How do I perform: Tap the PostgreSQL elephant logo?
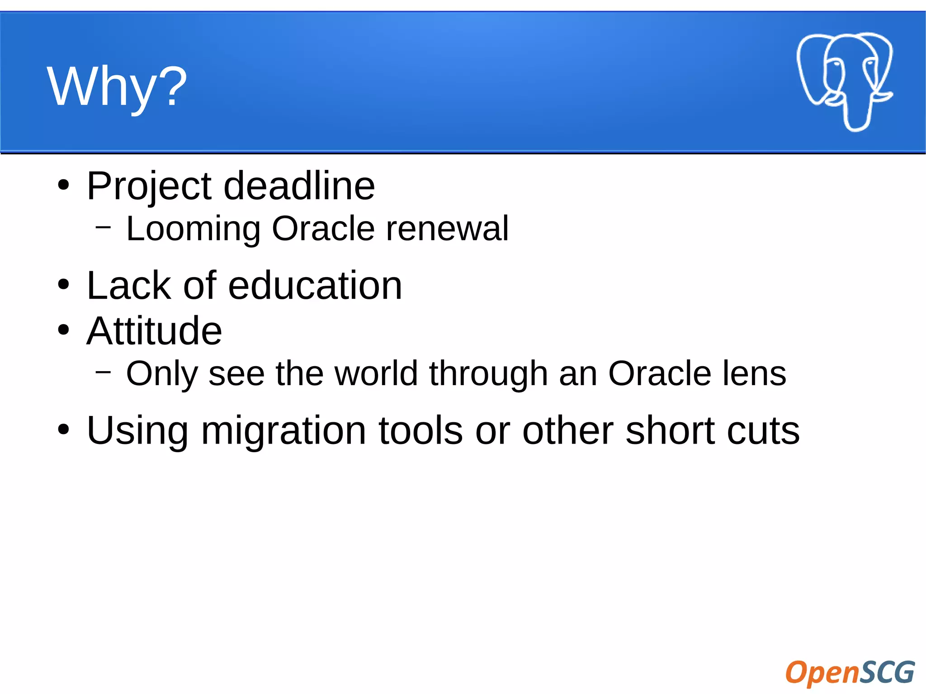(x=844, y=81)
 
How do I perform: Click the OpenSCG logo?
(x=850, y=672)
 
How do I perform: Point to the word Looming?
(x=194, y=229)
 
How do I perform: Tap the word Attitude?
(x=154, y=331)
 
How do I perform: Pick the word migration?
(x=283, y=431)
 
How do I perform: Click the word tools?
(x=420, y=430)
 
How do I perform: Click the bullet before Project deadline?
(x=64, y=185)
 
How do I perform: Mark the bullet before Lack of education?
(x=64, y=285)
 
